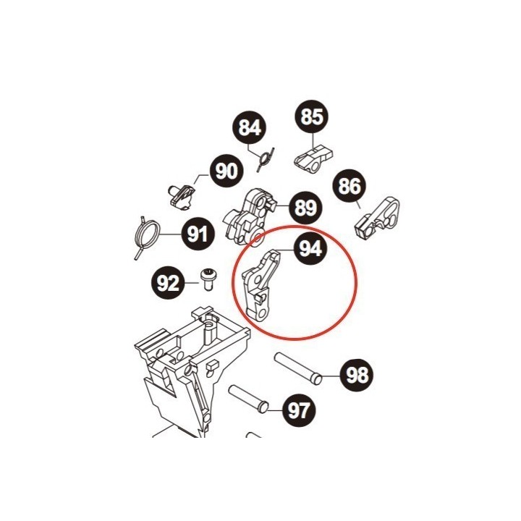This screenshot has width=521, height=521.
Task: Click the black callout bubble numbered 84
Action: pyautogui.click(x=249, y=127)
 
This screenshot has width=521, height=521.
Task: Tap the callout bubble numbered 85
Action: pyautogui.click(x=312, y=117)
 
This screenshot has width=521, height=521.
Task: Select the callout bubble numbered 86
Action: pyautogui.click(x=350, y=186)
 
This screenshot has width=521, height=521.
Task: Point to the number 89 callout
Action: pyautogui.click(x=306, y=208)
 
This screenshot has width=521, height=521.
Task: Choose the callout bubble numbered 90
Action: pyautogui.click(x=226, y=171)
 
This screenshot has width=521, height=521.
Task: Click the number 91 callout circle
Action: pyautogui.click(x=198, y=234)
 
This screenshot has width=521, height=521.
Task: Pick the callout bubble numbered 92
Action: pyautogui.click(x=168, y=283)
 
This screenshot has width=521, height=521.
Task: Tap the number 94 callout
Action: pyautogui.click(x=310, y=248)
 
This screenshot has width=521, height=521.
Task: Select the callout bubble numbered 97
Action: pyautogui.click(x=299, y=411)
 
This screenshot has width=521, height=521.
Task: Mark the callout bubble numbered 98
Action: pyautogui.click(x=357, y=375)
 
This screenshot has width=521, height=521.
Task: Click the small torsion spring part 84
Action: pyautogui.click(x=265, y=159)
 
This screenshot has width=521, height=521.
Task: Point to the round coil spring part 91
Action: pyautogui.click(x=147, y=237)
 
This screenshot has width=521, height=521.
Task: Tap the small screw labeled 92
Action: pyautogui.click(x=208, y=280)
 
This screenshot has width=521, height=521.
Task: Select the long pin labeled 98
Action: pyautogui.click(x=297, y=369)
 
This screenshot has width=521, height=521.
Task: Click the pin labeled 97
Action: pyautogui.click(x=248, y=399)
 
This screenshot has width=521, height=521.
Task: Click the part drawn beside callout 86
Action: pyautogui.click(x=378, y=219)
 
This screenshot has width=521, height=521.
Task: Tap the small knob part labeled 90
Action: pyautogui.click(x=181, y=197)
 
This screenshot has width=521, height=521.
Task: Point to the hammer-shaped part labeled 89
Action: pyautogui.click(x=250, y=218)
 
